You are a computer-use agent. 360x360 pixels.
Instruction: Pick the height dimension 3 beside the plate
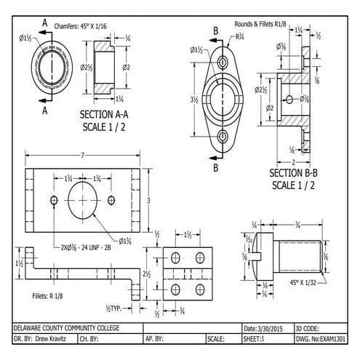(149, 199)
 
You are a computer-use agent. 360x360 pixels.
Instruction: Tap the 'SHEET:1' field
(255, 339)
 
